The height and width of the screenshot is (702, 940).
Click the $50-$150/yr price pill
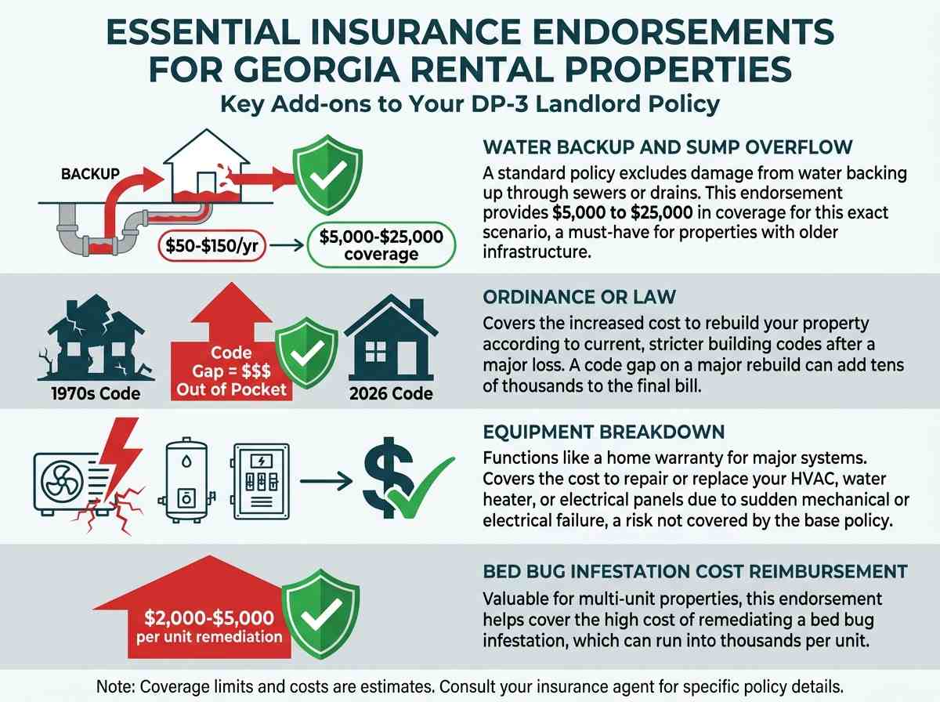click(x=212, y=246)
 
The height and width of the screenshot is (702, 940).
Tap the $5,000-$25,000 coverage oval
click(x=381, y=245)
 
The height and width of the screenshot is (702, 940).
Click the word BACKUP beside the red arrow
click(x=90, y=174)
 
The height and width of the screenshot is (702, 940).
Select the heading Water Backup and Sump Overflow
click(x=667, y=147)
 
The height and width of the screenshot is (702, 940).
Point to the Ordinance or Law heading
click(x=580, y=297)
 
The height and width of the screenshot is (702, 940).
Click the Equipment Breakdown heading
click(x=604, y=432)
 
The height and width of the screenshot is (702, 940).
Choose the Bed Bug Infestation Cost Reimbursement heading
click(x=695, y=571)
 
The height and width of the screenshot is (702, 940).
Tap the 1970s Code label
click(x=96, y=393)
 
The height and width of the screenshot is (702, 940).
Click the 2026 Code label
click(x=391, y=393)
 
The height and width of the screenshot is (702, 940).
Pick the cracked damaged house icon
click(x=96, y=338)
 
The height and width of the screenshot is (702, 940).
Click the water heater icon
click(x=186, y=479)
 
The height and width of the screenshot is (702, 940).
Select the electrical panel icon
click(x=261, y=481)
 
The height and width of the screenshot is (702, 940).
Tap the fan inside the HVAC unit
click(x=62, y=481)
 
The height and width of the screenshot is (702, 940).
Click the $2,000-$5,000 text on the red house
click(x=209, y=617)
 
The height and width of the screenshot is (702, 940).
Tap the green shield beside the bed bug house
click(x=320, y=613)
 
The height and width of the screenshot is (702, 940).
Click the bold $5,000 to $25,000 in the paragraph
click(x=622, y=213)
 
